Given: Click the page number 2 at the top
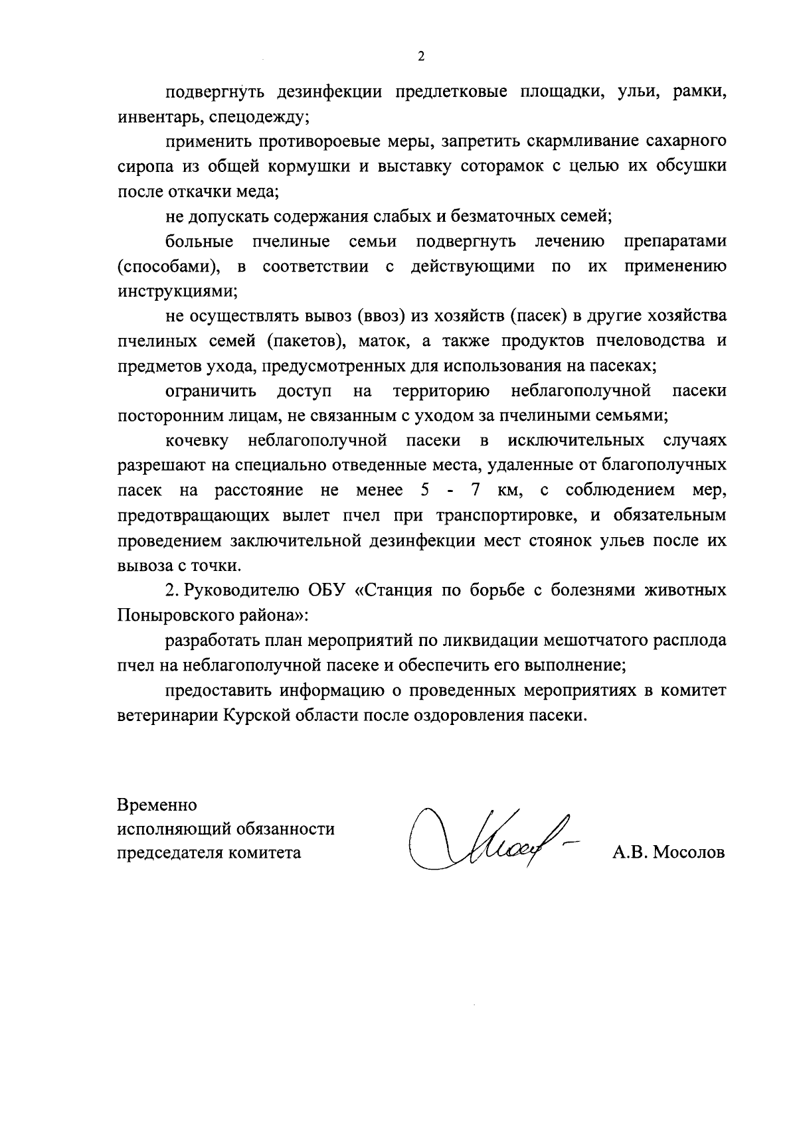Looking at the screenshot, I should click(x=420, y=57).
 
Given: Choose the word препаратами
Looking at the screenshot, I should click(x=675, y=241).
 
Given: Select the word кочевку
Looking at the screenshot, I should click(x=197, y=440).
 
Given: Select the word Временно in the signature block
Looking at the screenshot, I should click(x=157, y=805).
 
